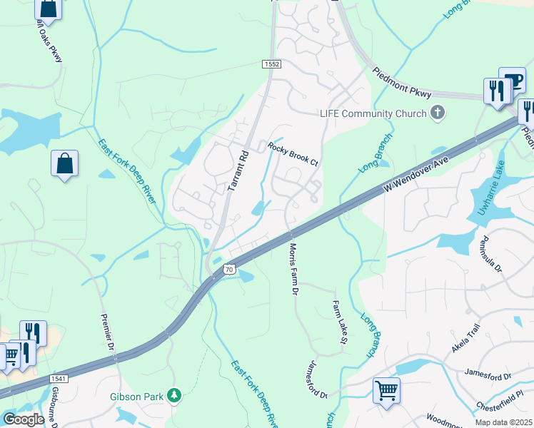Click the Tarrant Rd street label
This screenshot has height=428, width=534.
tap(237, 170)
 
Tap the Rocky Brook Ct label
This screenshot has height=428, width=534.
tap(293, 153)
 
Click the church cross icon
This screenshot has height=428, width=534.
tap(437, 113)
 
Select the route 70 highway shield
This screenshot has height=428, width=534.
tap(228, 269)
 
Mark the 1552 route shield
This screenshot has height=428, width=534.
tap(271, 64)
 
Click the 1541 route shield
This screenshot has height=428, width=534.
tap(59, 378)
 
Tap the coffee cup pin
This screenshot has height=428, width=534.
tap(512, 79)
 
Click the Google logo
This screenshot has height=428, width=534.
tap(24, 419)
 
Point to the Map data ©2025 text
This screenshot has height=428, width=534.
tap(503, 422)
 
